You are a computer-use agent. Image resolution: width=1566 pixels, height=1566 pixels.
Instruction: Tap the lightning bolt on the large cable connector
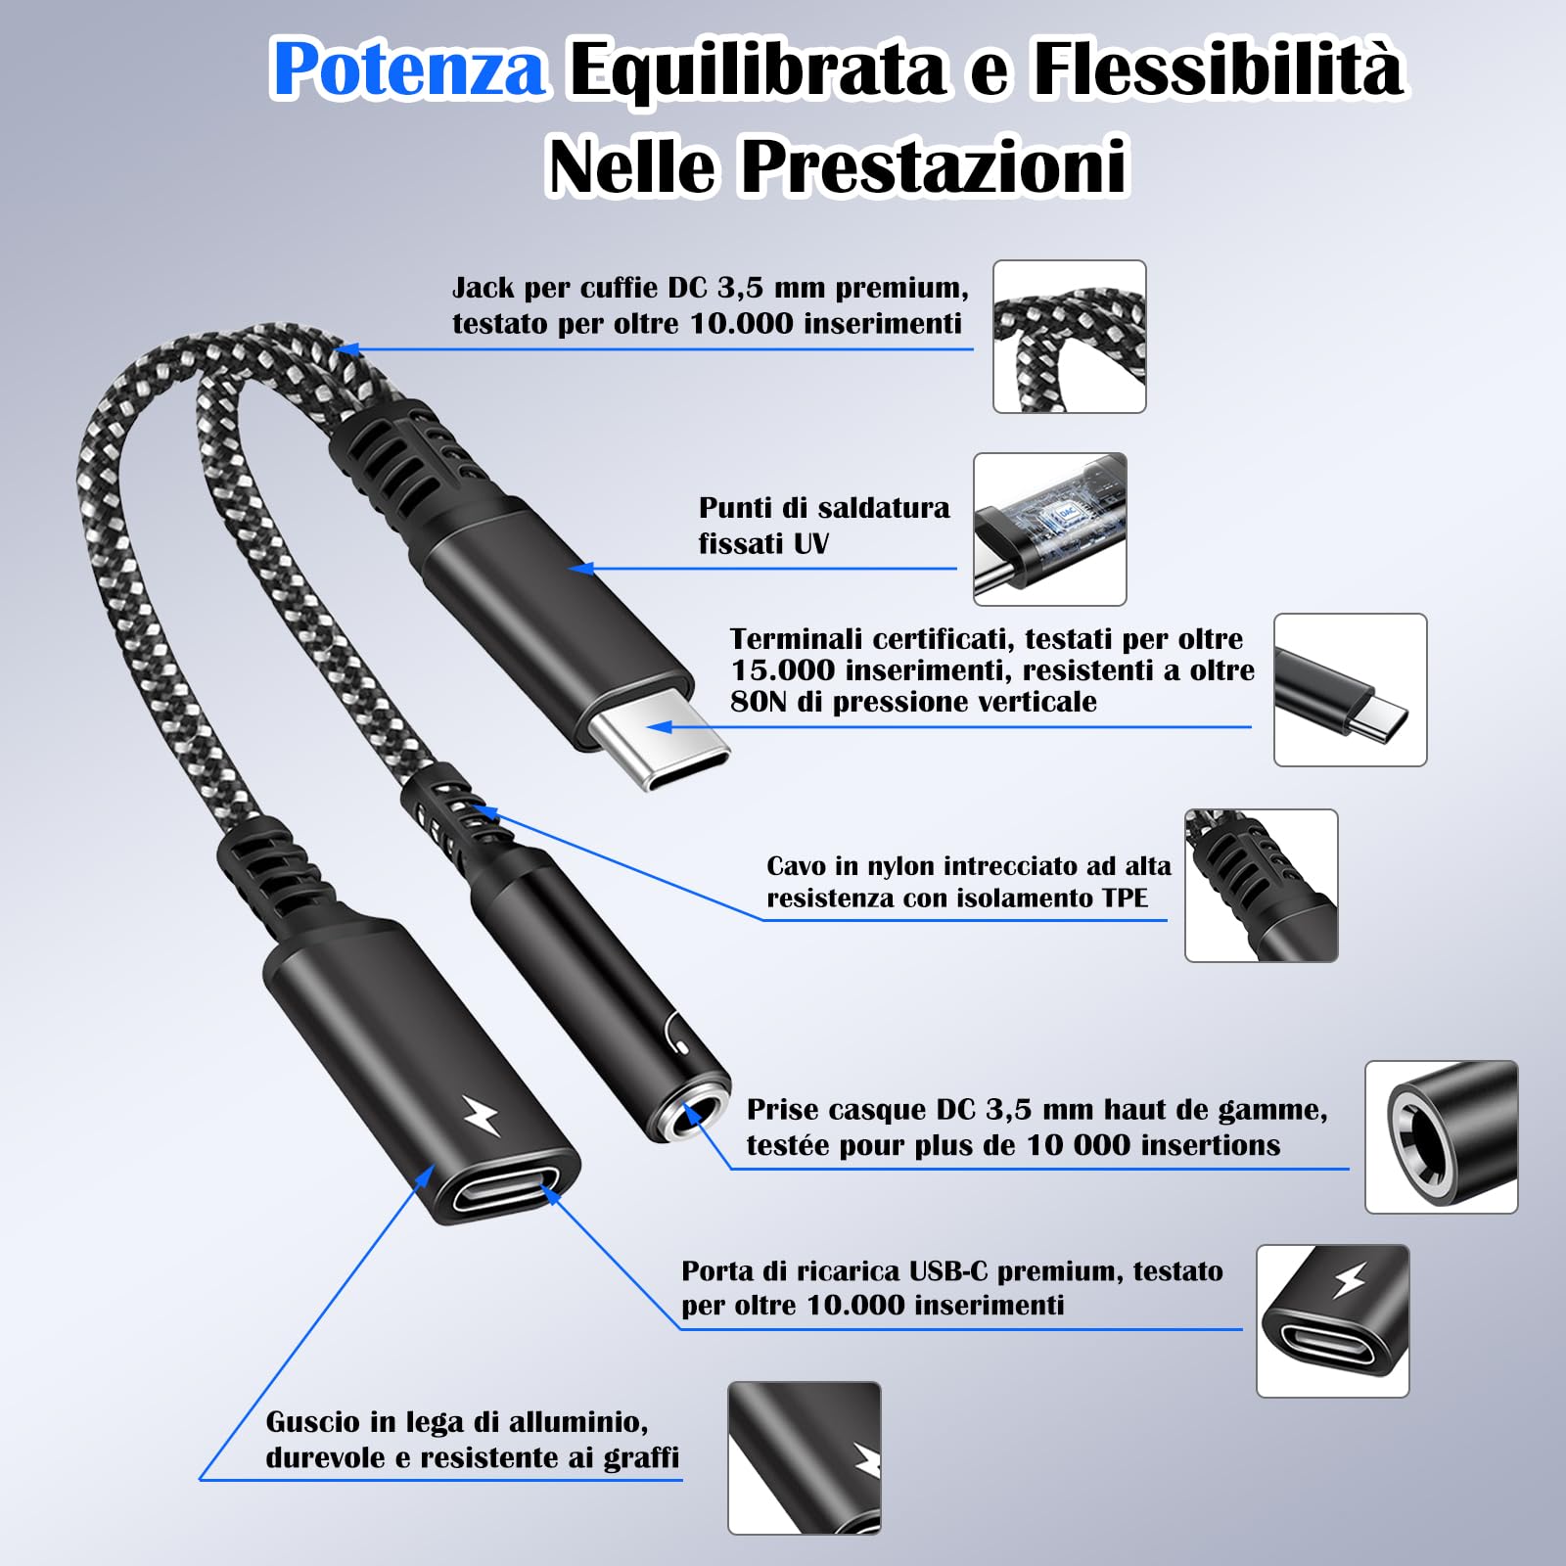(x=481, y=1116)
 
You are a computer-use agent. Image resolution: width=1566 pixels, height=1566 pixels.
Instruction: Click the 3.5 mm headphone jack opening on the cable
(x=692, y=1116)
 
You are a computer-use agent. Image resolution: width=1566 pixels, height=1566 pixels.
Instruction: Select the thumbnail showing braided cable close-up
(x=1069, y=337)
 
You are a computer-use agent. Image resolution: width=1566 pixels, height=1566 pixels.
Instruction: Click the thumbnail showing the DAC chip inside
(x=1049, y=530)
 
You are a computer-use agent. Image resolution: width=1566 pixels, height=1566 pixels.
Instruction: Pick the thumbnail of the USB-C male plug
(x=1350, y=690)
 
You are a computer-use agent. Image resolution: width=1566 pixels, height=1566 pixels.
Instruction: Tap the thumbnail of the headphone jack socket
(x=1441, y=1137)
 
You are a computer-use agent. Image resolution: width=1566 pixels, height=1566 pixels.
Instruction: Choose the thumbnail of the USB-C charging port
(x=1332, y=1321)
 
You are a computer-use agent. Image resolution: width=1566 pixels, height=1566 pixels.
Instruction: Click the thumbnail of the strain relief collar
(x=1261, y=886)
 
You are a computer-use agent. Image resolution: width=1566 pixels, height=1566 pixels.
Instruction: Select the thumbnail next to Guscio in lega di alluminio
(x=804, y=1457)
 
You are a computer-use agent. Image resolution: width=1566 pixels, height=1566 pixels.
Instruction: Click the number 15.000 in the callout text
(x=782, y=670)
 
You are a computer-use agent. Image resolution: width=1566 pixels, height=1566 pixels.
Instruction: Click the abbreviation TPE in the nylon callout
(x=1123, y=898)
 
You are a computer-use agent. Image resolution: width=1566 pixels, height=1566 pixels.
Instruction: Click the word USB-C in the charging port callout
(x=948, y=1271)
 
